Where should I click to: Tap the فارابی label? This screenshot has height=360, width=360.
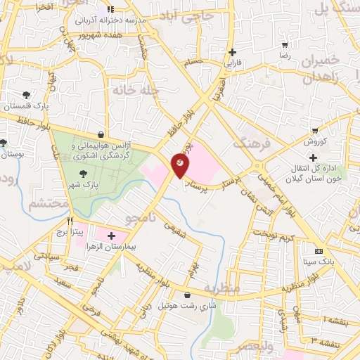click(x=232, y=63)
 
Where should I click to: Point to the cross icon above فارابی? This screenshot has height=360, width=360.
click(x=232, y=51)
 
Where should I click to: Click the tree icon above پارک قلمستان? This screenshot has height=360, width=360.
click(x=26, y=94)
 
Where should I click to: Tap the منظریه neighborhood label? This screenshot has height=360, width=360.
click(x=224, y=288)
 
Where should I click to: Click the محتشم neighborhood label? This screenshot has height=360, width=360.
click(x=49, y=204)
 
